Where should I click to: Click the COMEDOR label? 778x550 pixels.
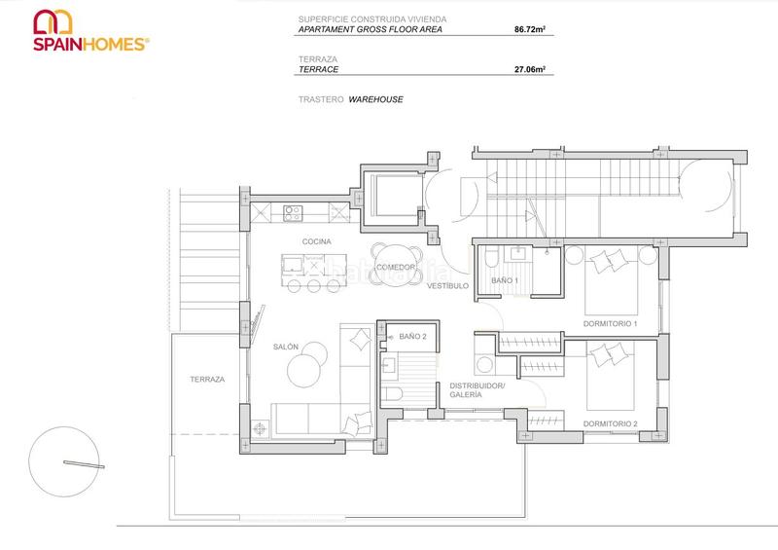[x=396, y=267]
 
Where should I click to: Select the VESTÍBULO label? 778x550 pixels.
[x=447, y=286]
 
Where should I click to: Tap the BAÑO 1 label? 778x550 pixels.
[x=505, y=280]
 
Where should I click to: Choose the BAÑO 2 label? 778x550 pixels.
[x=412, y=336]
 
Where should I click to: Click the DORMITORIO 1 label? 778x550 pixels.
[x=610, y=323]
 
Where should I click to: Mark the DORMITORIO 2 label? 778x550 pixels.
[x=610, y=424]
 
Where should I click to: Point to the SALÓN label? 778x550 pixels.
[x=286, y=346]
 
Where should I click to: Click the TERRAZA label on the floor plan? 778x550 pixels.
[x=207, y=379]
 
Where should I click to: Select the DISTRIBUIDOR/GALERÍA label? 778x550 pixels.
[x=477, y=391]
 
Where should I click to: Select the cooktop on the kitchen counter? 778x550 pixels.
[x=293, y=211]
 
